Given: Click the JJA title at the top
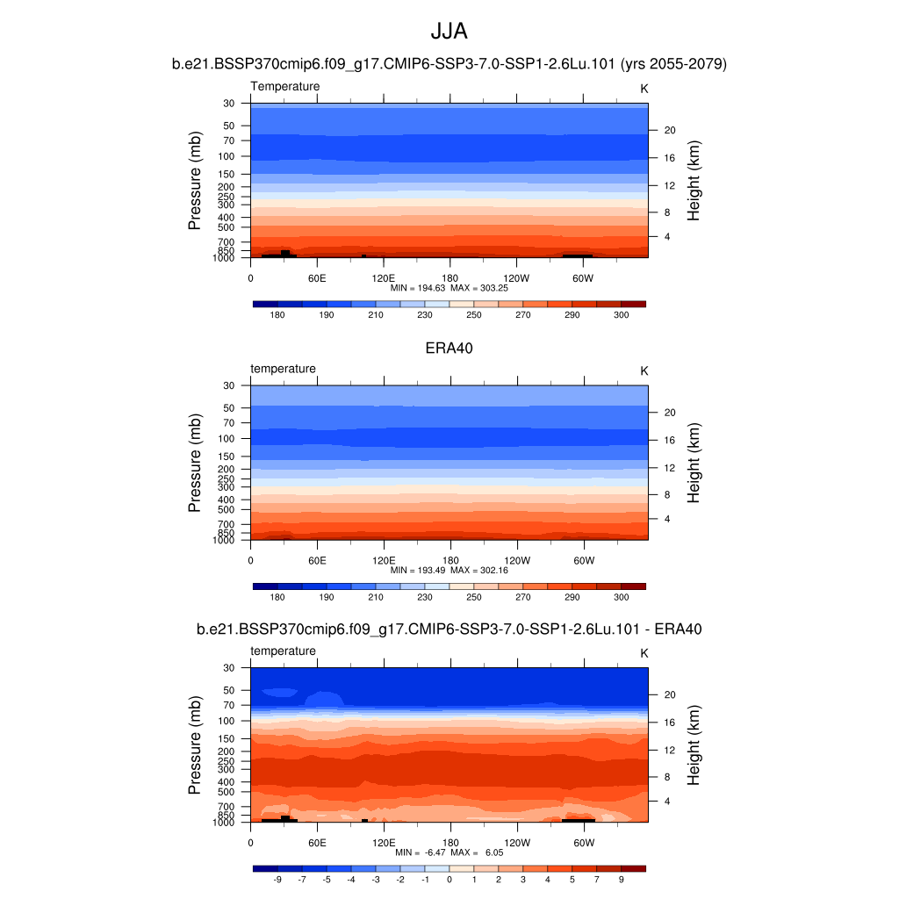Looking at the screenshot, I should [449, 32].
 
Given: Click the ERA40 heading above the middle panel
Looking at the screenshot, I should [449, 348].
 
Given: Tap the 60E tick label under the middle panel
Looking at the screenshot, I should [317, 560].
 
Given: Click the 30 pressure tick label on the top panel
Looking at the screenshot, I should [229, 104].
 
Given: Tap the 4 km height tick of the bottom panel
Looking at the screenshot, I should [665, 801].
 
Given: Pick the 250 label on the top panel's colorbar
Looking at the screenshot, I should [474, 315].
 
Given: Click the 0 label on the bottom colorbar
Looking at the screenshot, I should [449, 879].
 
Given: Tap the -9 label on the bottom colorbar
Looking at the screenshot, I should [277, 879].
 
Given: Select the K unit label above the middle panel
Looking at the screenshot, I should [644, 371].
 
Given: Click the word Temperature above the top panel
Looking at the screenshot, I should [285, 86].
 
